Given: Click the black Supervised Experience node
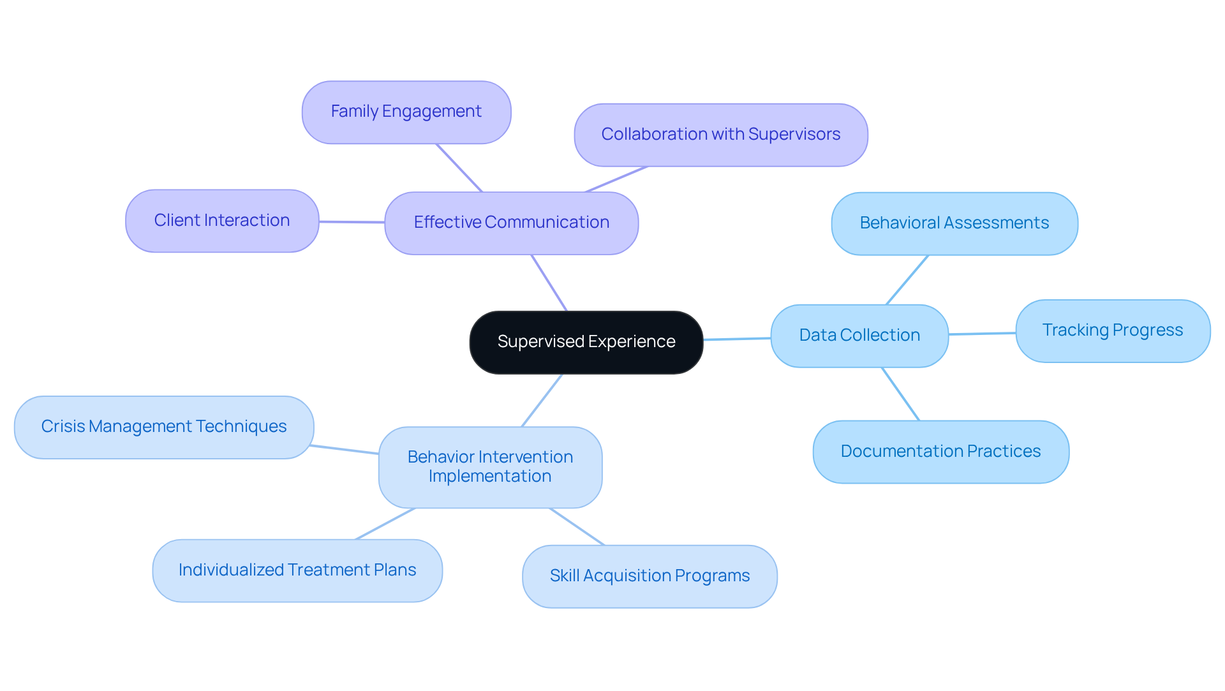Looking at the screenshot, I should [x=586, y=342].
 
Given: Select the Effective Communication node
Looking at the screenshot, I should [x=511, y=223].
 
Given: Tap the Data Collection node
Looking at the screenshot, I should [x=859, y=336].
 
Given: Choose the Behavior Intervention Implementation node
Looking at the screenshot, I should [x=490, y=467].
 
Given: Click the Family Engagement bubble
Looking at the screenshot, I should [x=406, y=112].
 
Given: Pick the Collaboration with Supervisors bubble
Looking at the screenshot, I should [x=720, y=135].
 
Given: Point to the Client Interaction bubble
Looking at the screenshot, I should [x=221, y=221].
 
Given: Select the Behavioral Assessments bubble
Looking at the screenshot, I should [x=954, y=223].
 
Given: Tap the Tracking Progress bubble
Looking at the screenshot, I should [x=1112, y=331].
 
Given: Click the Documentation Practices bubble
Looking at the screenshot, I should [x=940, y=452].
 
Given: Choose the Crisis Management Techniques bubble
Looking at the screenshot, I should [x=163, y=427].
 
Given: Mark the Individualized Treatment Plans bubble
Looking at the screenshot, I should [x=297, y=570].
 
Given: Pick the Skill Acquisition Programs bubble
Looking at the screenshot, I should [x=649, y=576].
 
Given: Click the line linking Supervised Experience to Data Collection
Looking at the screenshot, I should [x=737, y=339].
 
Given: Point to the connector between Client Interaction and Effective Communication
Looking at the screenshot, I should [x=352, y=222].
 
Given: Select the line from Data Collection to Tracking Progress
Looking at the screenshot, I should [x=982, y=333].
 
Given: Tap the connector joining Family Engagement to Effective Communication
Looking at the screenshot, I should [x=459, y=168].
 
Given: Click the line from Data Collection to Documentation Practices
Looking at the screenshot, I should [x=900, y=394].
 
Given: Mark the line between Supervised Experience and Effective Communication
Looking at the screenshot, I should [x=549, y=283].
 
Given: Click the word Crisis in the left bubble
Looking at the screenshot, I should [x=62, y=426].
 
